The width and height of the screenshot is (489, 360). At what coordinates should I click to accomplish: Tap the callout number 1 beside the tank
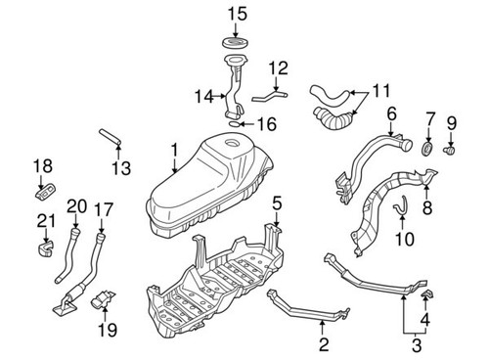173,151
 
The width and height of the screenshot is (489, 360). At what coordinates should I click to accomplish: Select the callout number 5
277,203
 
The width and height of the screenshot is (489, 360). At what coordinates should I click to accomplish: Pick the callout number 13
119,168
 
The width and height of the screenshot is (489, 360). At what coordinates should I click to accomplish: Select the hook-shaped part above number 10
401,207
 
